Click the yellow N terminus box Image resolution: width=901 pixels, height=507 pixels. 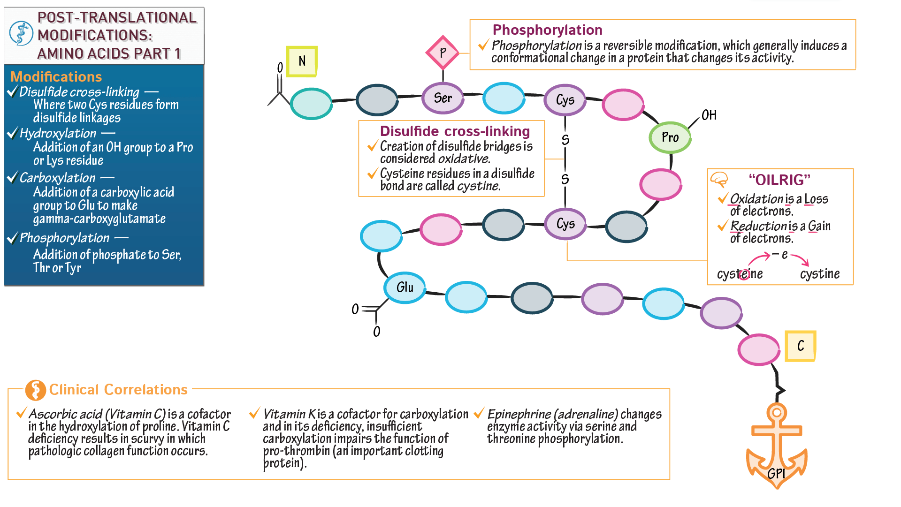pyautogui.click(x=302, y=61)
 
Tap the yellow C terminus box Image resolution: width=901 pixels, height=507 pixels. pyautogui.click(x=801, y=346)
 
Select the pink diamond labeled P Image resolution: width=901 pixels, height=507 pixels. pyautogui.click(x=443, y=53)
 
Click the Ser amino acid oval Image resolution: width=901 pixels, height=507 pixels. pyautogui.click(x=443, y=98)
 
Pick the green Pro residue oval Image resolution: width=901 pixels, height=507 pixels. pyautogui.click(x=670, y=137)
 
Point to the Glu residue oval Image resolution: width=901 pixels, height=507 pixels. pyautogui.click(x=405, y=288)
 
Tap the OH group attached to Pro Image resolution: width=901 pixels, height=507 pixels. pyautogui.click(x=709, y=115)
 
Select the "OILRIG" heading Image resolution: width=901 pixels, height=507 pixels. pyautogui.click(x=779, y=180)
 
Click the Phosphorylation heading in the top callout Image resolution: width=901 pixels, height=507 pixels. pyautogui.click(x=547, y=30)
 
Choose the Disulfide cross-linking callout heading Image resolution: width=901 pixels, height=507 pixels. pyautogui.click(x=455, y=131)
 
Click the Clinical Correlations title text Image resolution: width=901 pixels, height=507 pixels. pyautogui.click(x=118, y=390)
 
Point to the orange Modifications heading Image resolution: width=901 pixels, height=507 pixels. pyautogui.click(x=56, y=77)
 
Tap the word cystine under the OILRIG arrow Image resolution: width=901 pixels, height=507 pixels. pyautogui.click(x=820, y=274)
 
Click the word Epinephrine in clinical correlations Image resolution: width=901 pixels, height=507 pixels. pyautogui.click(x=519, y=414)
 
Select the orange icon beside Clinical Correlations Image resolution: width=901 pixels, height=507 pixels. pyautogui.click(x=35, y=390)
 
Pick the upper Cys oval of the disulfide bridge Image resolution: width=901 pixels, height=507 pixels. pyautogui.click(x=565, y=100)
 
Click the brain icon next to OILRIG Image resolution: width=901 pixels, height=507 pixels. pyautogui.click(x=719, y=180)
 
